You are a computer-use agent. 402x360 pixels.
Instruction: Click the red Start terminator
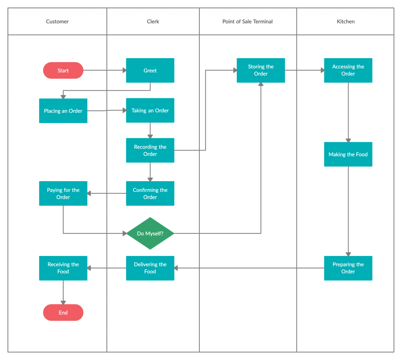tap(63, 71)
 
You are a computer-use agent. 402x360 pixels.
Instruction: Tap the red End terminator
tap(63, 313)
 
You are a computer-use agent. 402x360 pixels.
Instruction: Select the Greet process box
tap(150, 71)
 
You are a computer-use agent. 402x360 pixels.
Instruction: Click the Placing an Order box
tap(63, 111)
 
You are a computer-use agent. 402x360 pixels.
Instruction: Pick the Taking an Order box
tap(150, 110)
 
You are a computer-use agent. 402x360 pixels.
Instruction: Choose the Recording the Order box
tap(150, 151)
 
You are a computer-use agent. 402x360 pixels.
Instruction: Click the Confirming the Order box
tap(150, 193)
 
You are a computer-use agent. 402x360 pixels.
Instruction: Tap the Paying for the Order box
tap(63, 193)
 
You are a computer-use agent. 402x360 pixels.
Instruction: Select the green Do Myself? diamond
tap(150, 233)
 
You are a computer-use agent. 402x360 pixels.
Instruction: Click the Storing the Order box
tap(261, 70)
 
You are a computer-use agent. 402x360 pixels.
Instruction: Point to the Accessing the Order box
tap(348, 70)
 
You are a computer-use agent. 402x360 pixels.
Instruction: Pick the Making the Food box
tap(348, 154)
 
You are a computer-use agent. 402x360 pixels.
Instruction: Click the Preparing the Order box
tap(348, 268)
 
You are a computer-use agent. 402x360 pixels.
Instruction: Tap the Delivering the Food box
tap(150, 268)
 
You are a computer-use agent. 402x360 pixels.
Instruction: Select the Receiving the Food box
tap(63, 268)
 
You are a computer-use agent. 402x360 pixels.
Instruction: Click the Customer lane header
tap(57, 22)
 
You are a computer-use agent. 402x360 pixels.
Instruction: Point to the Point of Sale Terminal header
tap(248, 22)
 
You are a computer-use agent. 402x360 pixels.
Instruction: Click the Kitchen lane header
tap(345, 22)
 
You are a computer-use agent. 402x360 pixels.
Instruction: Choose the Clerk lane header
tap(153, 22)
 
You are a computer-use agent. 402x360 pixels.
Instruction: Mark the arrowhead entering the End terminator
tap(63, 302)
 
